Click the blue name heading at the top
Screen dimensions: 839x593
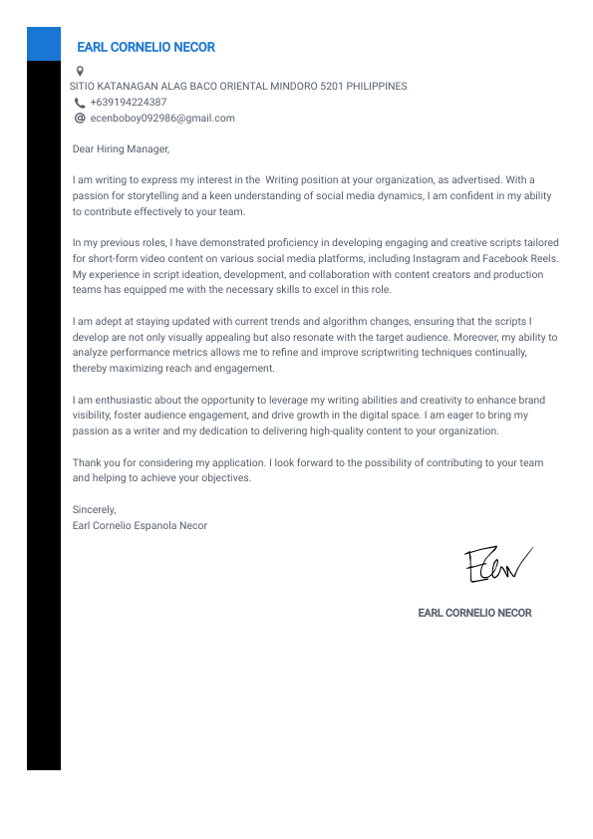pos(146,47)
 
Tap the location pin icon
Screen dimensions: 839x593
pos(80,71)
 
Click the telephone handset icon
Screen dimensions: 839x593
pos(80,103)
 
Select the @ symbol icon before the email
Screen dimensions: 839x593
pos(80,118)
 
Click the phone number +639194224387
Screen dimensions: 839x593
pos(129,102)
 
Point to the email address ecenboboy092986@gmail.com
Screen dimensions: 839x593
pos(162,118)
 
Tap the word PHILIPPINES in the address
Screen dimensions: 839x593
pos(377,86)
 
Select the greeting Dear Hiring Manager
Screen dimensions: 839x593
pos(122,149)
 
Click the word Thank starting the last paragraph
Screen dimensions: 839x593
pos(86,463)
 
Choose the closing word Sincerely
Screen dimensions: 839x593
pos(94,510)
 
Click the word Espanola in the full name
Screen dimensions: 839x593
pos(153,525)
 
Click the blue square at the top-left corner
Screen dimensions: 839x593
pos(44,44)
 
